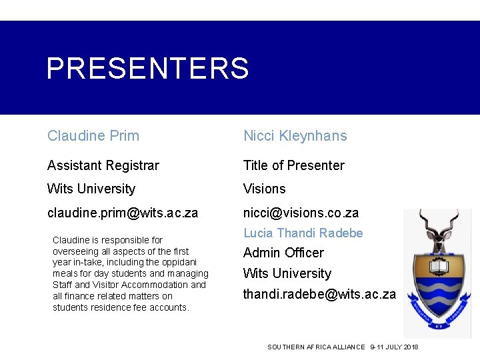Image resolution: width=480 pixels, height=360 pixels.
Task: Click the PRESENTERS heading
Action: (x=147, y=68)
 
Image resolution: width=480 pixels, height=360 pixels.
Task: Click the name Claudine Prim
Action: (x=93, y=136)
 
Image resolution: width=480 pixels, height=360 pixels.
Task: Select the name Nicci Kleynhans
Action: (x=295, y=136)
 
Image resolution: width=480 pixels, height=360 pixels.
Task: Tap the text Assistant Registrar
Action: (x=103, y=165)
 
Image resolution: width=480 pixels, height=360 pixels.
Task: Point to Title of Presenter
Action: (x=293, y=165)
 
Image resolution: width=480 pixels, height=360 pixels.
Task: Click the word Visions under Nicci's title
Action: (x=264, y=189)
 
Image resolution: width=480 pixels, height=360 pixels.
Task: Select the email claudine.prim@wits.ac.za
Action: (x=123, y=213)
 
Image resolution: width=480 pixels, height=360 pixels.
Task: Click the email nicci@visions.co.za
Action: (x=301, y=213)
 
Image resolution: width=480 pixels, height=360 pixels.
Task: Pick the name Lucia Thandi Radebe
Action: (x=303, y=233)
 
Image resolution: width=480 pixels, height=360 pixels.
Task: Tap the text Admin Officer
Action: (x=283, y=253)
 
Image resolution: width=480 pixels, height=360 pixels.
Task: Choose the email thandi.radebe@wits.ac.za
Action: (x=319, y=294)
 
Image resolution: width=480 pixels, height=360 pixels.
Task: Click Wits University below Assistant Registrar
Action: (x=91, y=189)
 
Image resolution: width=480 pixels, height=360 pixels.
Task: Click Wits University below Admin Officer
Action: (x=287, y=273)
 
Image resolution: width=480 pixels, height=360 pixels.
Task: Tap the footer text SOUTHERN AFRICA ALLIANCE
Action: (x=316, y=347)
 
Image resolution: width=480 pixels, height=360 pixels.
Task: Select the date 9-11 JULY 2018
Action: (x=395, y=347)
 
